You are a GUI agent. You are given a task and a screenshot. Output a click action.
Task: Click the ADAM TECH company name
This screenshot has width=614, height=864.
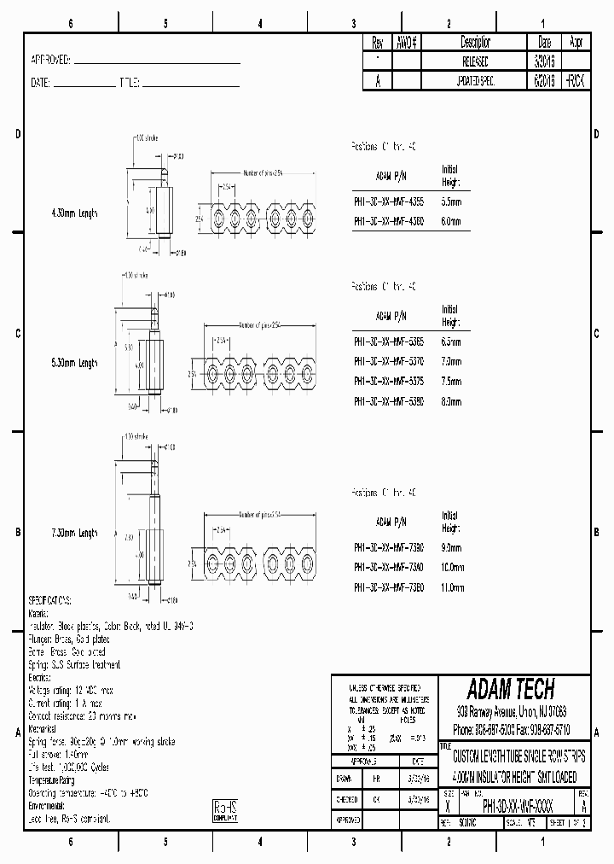(511, 689)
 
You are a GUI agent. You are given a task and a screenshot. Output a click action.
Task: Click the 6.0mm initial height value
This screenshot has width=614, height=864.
(451, 220)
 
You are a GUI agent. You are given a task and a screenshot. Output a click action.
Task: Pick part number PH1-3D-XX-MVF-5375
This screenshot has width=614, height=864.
(388, 381)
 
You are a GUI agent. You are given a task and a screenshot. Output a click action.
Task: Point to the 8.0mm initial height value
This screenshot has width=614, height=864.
(451, 400)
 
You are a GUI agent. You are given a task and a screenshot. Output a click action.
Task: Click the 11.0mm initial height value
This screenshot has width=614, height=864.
(452, 587)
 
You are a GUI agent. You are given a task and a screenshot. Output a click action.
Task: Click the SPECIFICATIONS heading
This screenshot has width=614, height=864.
(50, 601)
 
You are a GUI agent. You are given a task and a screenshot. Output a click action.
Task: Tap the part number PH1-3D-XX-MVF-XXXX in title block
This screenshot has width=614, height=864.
(518, 805)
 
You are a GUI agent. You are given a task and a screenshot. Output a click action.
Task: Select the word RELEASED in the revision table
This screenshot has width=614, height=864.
(476, 61)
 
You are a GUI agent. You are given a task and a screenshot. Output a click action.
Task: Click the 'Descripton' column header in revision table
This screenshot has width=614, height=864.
(476, 42)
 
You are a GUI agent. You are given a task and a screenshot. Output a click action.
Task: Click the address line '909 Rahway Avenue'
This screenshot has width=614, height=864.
(512, 710)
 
